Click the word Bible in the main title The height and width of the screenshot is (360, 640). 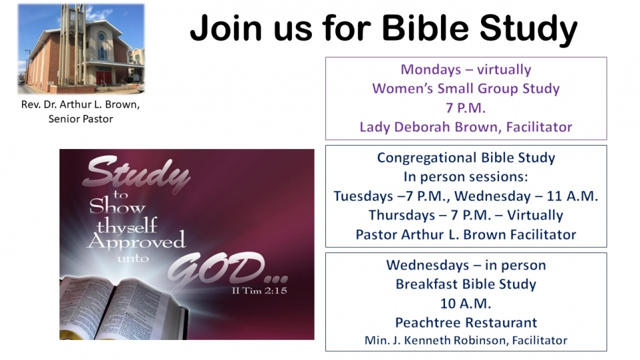[x=426, y=28]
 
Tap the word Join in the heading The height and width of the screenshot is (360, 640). [x=226, y=28]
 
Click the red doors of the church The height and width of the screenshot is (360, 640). [x=104, y=77]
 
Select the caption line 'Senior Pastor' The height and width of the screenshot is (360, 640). [x=81, y=119]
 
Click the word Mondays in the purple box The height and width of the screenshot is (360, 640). [x=431, y=69]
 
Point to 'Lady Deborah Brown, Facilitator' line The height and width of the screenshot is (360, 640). [x=466, y=127]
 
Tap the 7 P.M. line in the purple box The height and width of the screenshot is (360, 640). [x=466, y=108]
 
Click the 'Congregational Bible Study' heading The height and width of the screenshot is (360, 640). [x=466, y=158]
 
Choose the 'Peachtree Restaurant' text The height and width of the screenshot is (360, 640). [x=466, y=323]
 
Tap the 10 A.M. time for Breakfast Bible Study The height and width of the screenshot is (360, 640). [x=466, y=303]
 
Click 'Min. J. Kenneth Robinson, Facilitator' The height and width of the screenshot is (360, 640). [x=466, y=340]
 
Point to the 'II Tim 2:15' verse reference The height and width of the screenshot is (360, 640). [x=260, y=291]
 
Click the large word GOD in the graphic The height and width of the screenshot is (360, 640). [x=222, y=269]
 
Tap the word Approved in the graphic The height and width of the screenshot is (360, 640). [x=136, y=242]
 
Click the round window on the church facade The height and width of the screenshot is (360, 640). [x=102, y=37]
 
